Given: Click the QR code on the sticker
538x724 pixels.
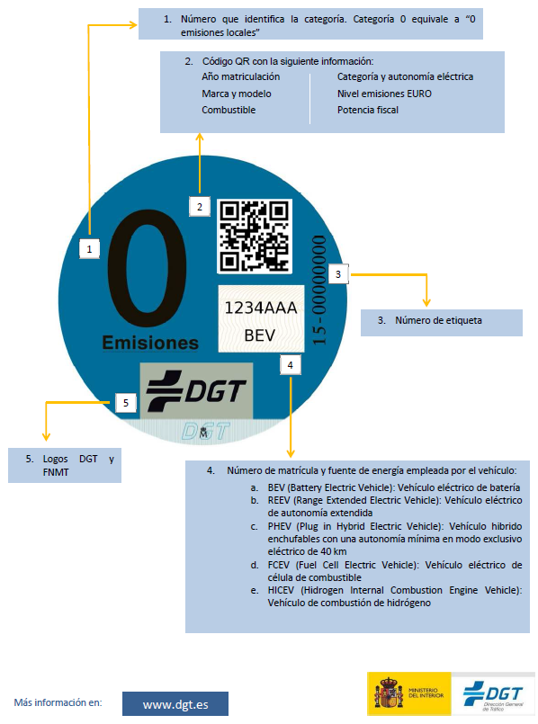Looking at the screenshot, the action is tap(255, 236).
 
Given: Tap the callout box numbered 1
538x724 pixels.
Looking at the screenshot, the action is tap(89, 249).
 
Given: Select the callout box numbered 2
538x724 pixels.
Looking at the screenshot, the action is tap(200, 206).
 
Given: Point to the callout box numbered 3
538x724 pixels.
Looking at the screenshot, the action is tap(338, 274).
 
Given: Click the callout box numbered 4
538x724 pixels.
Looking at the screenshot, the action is tap(290, 365).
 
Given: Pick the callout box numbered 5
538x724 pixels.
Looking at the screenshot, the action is tap(126, 403).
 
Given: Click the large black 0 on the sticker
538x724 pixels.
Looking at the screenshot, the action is tap(148, 268).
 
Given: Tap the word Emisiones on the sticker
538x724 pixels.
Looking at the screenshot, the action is tap(150, 343).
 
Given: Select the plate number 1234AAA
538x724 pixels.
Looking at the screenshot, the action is tap(261, 308).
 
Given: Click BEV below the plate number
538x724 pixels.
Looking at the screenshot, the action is tap(259, 335).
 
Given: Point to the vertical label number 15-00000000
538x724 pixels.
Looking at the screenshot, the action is tap(319, 290).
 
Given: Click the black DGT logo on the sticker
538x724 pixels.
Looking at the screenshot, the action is tap(196, 390).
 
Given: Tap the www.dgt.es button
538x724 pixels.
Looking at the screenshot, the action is tap(175, 704).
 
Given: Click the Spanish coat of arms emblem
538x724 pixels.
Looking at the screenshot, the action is tap(389, 693).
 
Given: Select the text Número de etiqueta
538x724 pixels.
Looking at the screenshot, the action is tap(438, 320).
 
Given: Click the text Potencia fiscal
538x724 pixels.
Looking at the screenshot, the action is tap(368, 110).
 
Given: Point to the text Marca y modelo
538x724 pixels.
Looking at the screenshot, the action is tap(237, 94).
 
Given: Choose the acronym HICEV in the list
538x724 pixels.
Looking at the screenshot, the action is tap(281, 591).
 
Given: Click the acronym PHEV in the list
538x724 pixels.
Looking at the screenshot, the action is tap(280, 526).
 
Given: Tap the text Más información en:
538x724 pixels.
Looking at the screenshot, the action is tap(58, 702).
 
